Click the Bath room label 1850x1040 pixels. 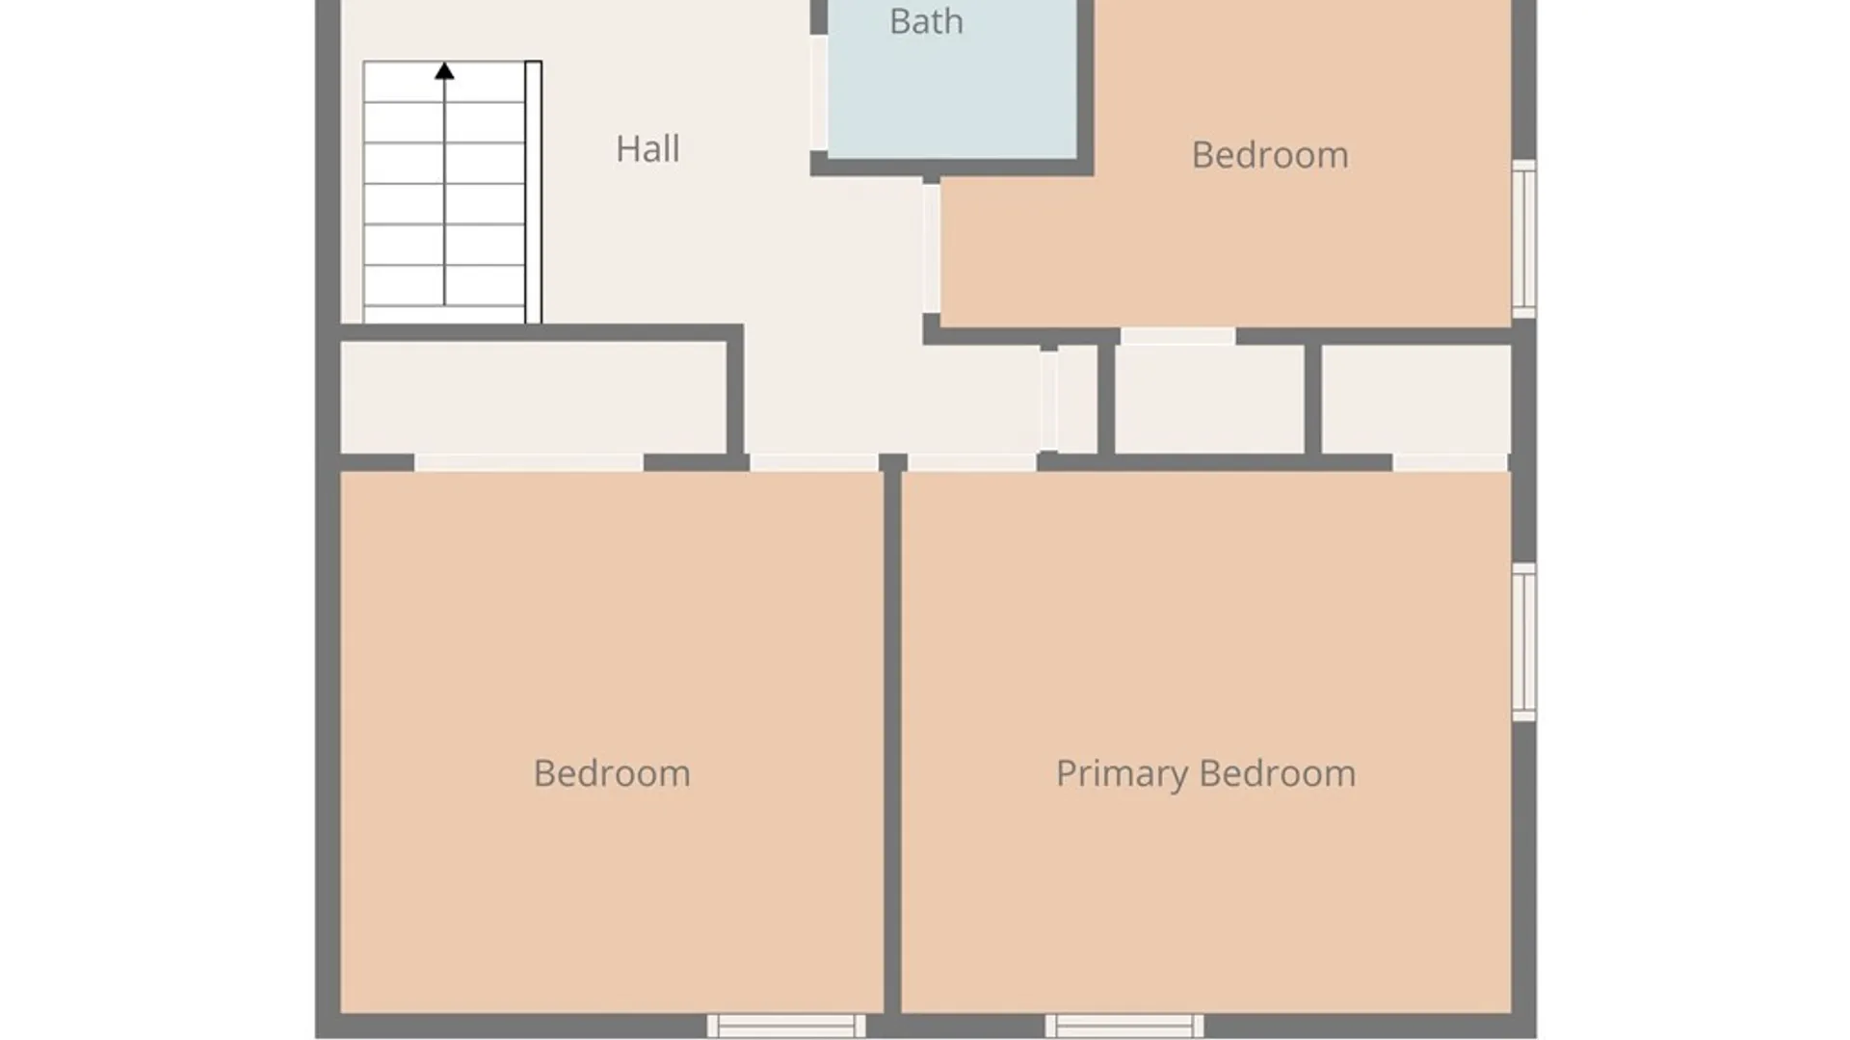tap(926, 21)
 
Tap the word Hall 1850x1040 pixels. tap(647, 149)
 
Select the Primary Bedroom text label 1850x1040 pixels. tap(1205, 774)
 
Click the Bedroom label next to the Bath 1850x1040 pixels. tap(1270, 155)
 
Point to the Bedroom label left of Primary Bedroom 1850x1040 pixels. tap(612, 774)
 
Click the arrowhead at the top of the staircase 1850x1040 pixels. tap(444, 71)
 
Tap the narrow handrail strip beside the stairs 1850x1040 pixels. tap(533, 193)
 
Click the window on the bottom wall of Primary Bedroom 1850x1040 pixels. tap(1124, 1026)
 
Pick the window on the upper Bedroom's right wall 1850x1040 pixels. tap(1523, 239)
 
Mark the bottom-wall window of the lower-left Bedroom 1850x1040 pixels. tap(786, 1026)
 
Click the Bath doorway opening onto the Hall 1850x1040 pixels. tap(819, 92)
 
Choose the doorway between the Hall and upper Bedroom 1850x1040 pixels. tap(932, 247)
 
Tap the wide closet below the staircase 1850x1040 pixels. tap(534, 398)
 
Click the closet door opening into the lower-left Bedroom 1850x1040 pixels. tap(529, 463)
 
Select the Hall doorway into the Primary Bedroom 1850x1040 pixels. tap(972, 463)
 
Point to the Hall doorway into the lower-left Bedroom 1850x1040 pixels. tap(814, 463)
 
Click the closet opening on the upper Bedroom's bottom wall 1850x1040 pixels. tap(1177, 336)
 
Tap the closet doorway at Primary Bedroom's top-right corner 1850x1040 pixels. tap(1450, 463)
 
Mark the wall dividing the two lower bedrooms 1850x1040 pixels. tap(893, 741)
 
